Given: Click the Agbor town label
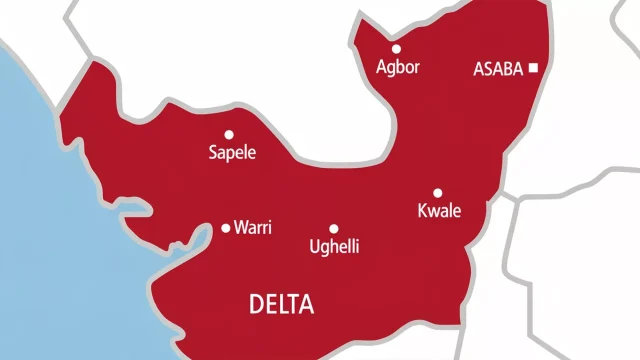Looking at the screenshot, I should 396,69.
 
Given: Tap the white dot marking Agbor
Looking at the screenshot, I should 396,48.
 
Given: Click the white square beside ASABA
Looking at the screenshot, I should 534,68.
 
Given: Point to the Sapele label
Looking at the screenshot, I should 232,154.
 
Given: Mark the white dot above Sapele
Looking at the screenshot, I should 229,134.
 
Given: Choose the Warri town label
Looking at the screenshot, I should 253,228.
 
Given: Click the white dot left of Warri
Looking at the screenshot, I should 225,228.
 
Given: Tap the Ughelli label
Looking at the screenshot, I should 335,247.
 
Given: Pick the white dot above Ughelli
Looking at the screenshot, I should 334,228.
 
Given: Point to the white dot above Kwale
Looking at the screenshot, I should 437,193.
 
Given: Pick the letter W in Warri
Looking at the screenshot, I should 241,228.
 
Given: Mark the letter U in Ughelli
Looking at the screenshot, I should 315,246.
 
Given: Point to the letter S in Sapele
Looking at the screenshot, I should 212,154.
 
